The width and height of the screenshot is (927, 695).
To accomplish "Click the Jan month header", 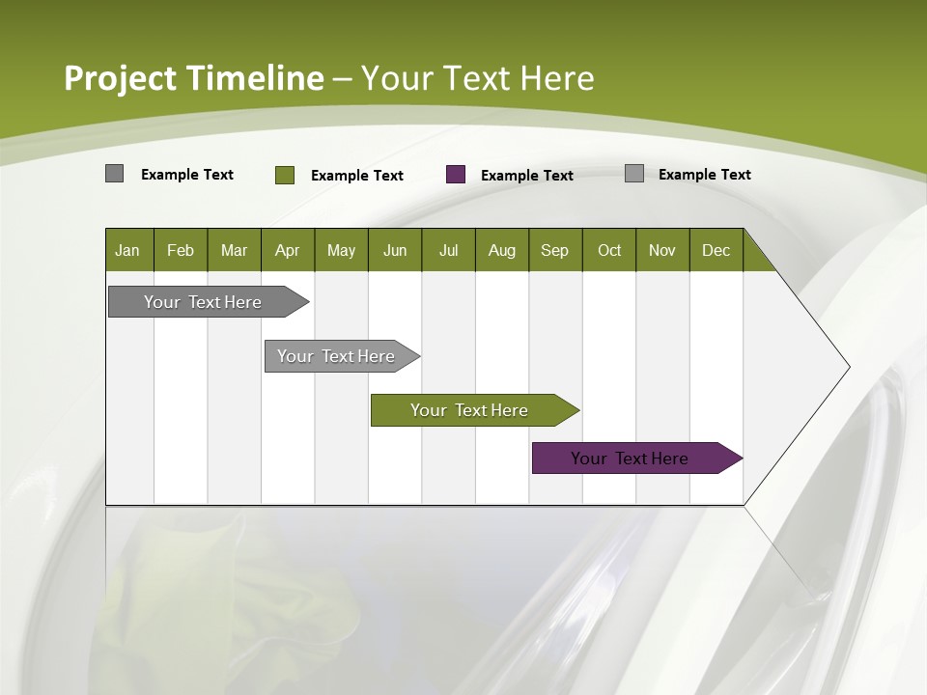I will pyautogui.click(x=128, y=250).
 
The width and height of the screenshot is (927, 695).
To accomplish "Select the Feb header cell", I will pyautogui.click(x=181, y=250).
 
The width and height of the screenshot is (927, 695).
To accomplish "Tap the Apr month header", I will pyautogui.click(x=287, y=250).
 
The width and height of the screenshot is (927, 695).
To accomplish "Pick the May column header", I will pyautogui.click(x=341, y=250).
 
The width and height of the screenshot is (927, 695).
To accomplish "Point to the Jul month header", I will pyautogui.click(x=448, y=250).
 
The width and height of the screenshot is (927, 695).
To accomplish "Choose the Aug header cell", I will pyautogui.click(x=501, y=250).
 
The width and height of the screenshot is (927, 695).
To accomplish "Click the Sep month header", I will pyautogui.click(x=554, y=250).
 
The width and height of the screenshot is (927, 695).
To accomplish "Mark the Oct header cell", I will pyautogui.click(x=608, y=250).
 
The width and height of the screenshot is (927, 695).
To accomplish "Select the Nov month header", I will pyautogui.click(x=661, y=250).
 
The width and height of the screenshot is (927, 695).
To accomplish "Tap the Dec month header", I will pyautogui.click(x=716, y=250).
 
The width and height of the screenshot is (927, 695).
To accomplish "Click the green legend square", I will pyautogui.click(x=284, y=175).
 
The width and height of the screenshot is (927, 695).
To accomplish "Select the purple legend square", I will pyautogui.click(x=456, y=175).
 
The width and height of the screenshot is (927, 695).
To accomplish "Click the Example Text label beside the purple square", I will pyautogui.click(x=526, y=176).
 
